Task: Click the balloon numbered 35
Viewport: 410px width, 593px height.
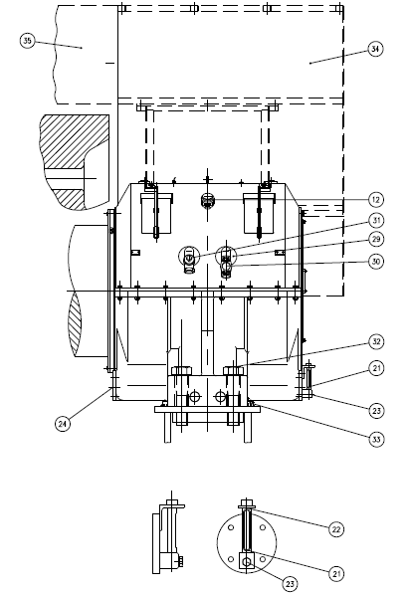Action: point(27,41)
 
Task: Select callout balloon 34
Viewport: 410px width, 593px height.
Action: point(375,49)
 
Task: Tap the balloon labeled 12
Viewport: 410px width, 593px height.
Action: point(376,200)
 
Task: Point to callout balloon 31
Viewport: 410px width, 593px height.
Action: point(376,220)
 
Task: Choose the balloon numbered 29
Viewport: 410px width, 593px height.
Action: point(376,239)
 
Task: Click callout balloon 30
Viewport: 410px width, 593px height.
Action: point(376,262)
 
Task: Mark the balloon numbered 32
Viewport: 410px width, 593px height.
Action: point(376,342)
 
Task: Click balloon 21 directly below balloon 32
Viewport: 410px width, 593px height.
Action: point(376,368)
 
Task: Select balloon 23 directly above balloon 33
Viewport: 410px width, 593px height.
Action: point(376,411)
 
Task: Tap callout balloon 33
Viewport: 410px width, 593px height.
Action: point(376,439)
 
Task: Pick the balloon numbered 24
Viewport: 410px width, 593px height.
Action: point(63,424)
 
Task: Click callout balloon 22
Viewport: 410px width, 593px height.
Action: point(336,529)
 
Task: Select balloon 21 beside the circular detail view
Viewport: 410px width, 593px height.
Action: point(336,574)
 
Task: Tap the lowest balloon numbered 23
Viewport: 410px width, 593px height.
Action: point(290,584)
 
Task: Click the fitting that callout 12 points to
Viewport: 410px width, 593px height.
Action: point(207,200)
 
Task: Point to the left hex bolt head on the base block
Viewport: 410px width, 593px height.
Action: point(182,370)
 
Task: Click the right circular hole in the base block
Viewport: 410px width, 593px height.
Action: point(220,396)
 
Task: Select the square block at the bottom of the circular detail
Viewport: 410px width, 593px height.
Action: point(247,560)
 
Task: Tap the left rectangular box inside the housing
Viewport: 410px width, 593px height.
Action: point(156,214)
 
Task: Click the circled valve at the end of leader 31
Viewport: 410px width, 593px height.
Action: point(189,258)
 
